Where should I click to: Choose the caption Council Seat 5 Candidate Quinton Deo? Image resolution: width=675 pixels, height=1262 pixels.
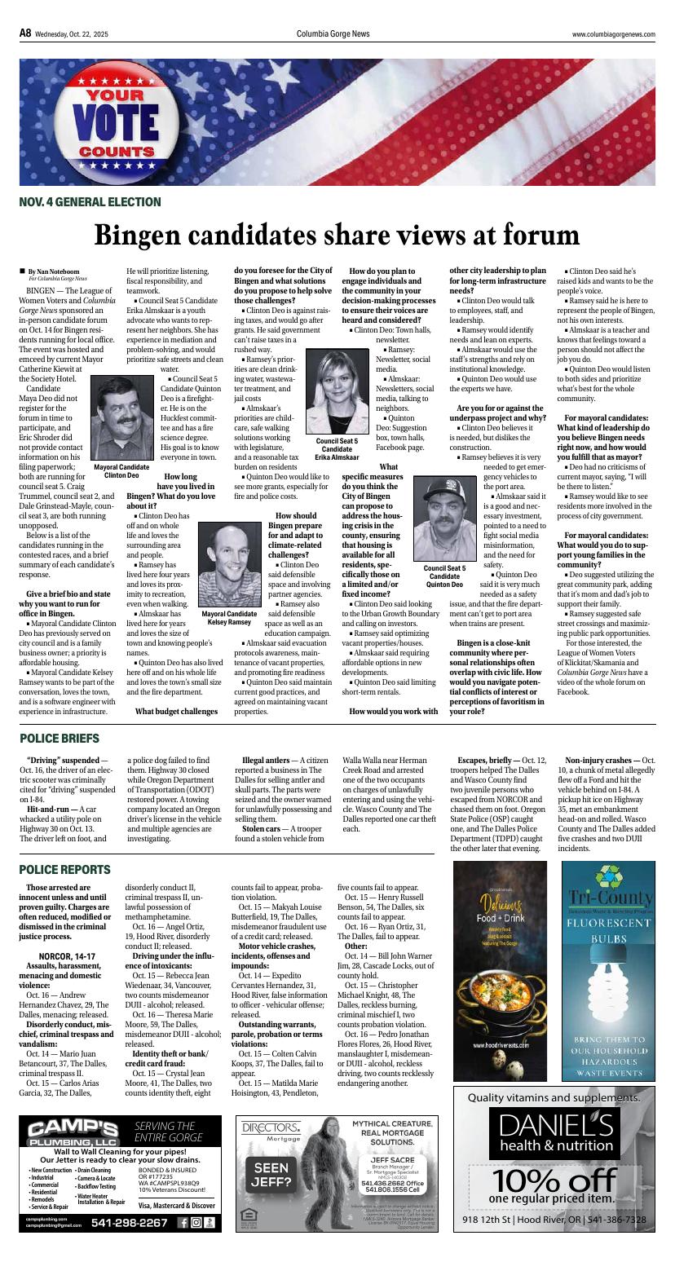pos(444,576)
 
